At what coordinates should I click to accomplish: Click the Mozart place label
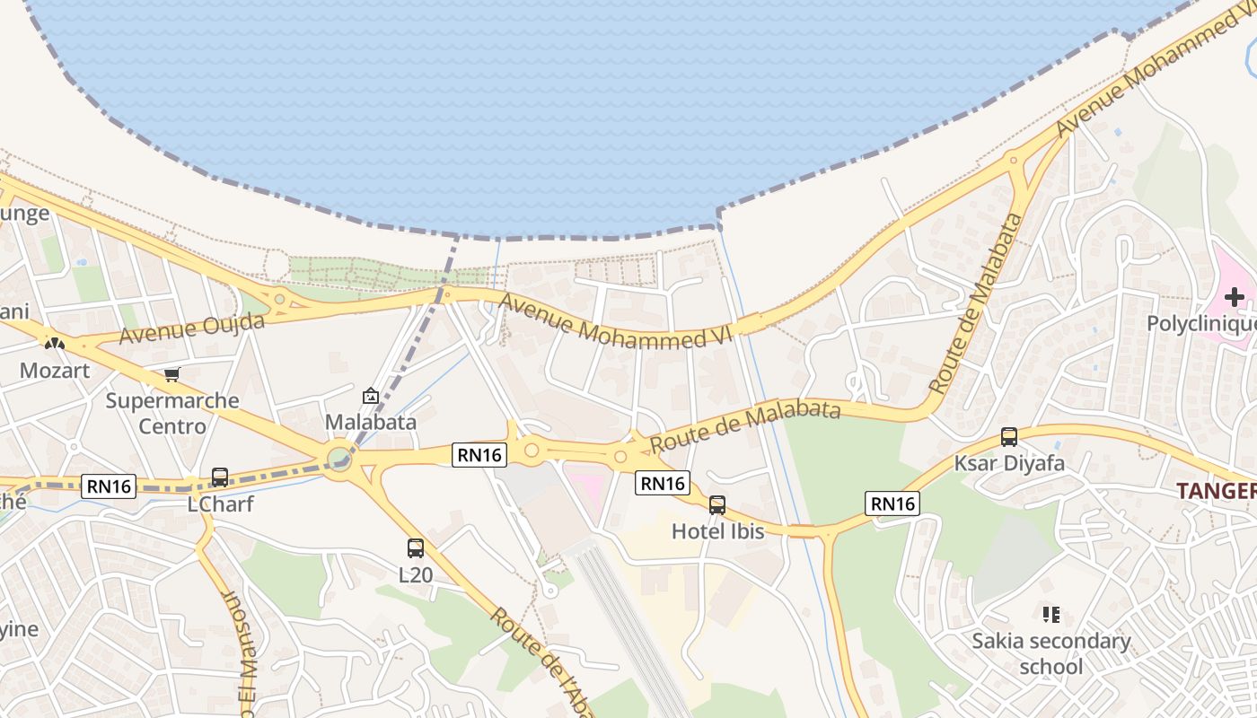point(55,370)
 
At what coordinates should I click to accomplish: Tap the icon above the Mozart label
point(55,343)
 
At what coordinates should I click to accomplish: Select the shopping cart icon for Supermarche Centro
point(171,374)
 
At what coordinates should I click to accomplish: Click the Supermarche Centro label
point(172,413)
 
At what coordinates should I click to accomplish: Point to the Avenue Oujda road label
point(191,328)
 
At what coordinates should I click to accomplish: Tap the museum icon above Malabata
point(370,395)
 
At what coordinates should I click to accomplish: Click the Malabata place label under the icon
point(370,422)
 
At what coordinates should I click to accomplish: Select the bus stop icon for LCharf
point(220,477)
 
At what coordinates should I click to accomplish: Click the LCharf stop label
point(220,504)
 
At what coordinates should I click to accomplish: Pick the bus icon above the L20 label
point(415,547)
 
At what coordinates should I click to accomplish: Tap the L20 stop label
point(415,574)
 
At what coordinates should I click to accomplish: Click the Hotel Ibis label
point(717,531)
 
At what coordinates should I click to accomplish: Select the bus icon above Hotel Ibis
point(717,504)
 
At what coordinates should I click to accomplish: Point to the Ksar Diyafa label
point(1009,464)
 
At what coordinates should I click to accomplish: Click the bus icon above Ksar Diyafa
point(1009,437)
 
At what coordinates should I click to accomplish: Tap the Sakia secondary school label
point(1051,653)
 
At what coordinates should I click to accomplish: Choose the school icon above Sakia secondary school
point(1051,615)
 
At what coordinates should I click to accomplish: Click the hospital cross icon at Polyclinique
point(1235,297)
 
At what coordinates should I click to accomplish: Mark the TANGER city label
point(1216,491)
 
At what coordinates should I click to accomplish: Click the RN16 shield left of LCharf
point(110,486)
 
